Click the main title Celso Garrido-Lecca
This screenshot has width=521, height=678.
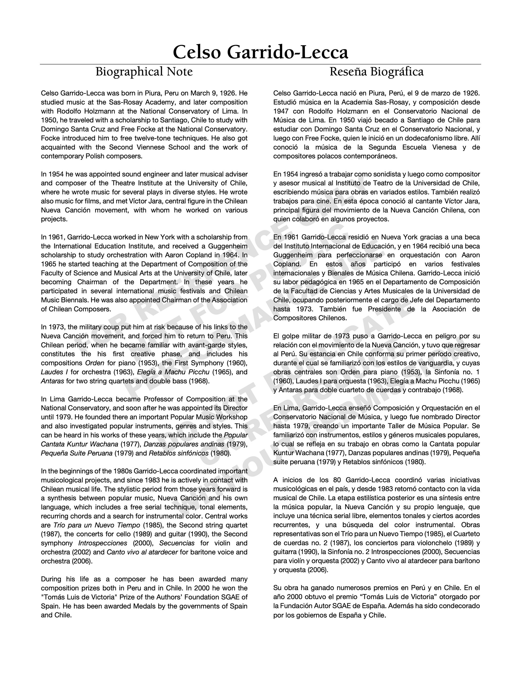(260, 52)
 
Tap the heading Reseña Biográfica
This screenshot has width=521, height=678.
(376, 72)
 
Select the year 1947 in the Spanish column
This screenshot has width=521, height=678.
(282, 111)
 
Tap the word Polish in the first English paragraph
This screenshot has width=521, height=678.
(95, 156)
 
